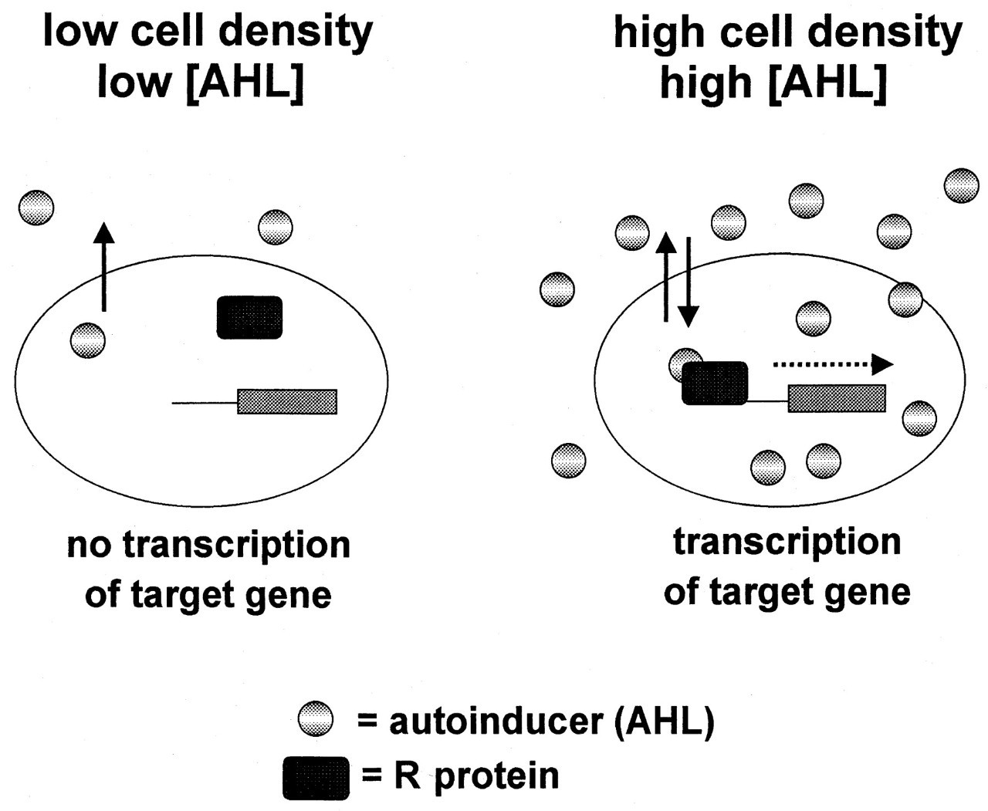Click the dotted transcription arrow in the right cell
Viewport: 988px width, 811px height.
point(833,365)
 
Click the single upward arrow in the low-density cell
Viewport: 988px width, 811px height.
point(104,266)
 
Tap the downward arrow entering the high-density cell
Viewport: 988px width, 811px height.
point(689,282)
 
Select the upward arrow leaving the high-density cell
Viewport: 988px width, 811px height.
point(665,277)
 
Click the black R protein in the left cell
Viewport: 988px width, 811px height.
point(249,317)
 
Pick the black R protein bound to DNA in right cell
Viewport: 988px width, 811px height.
point(715,383)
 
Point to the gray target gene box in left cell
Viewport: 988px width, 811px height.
point(287,402)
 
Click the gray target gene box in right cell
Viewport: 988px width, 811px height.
point(837,398)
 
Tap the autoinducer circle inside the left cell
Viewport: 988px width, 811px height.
point(88,340)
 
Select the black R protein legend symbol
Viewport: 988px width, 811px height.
point(316,779)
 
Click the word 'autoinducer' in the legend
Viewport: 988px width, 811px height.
point(496,721)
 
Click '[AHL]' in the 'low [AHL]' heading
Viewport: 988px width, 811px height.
point(245,83)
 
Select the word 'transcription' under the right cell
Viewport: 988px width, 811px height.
point(787,543)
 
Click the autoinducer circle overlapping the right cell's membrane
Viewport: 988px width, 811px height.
point(905,299)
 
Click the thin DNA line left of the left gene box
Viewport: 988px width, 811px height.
point(205,403)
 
